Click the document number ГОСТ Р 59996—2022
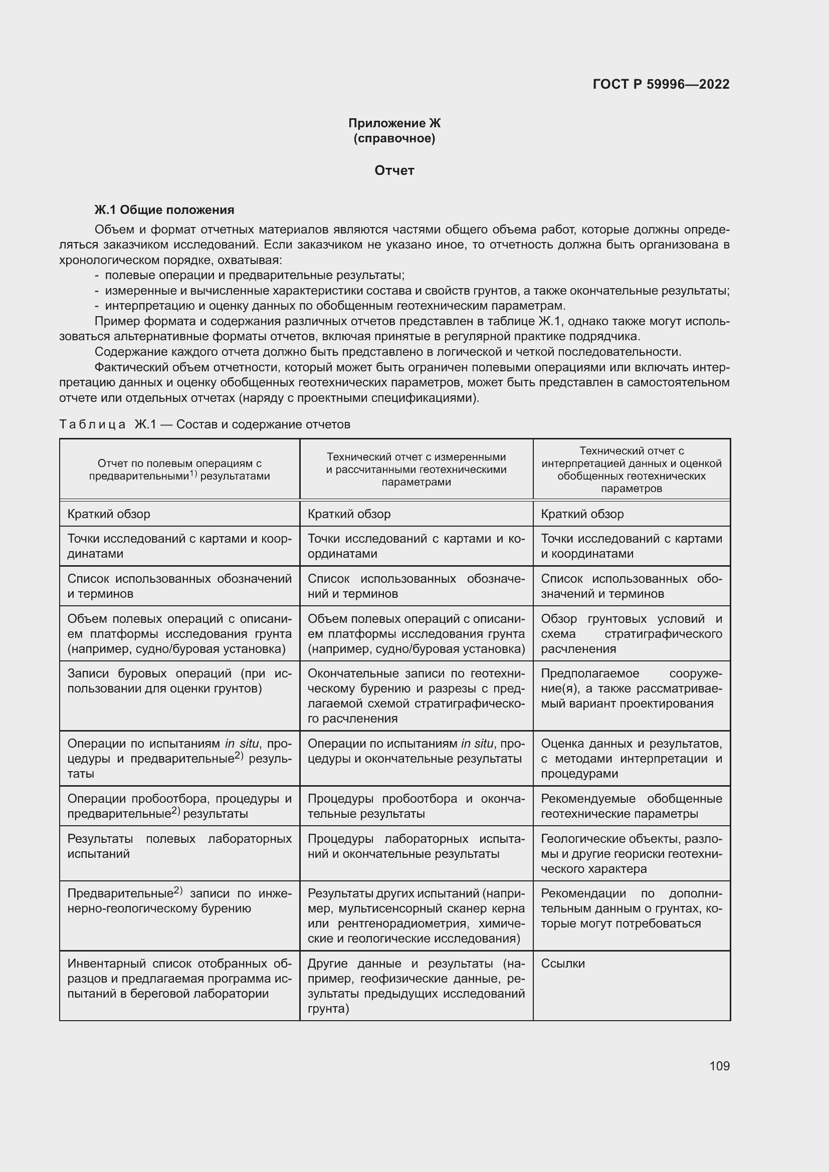pos(661,84)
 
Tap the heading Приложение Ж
pos(394,123)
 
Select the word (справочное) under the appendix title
pos(394,138)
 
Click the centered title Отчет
pos(394,170)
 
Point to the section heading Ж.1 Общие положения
pos(164,210)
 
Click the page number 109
pos(719,1066)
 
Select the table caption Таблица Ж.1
pos(204,424)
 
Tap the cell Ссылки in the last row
pos(562,963)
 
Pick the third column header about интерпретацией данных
pos(632,470)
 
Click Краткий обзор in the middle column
pos(349,514)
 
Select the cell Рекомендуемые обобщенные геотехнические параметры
pos(631,806)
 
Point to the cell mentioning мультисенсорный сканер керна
pos(416,916)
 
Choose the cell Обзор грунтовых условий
pos(631,633)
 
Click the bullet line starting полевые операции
pos(254,276)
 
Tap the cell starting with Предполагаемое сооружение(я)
pos(631,688)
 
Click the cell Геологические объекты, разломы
pos(631,853)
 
